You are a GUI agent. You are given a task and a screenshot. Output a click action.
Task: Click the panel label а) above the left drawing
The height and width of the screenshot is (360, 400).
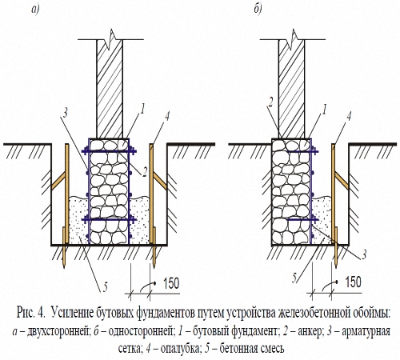pos(35,10)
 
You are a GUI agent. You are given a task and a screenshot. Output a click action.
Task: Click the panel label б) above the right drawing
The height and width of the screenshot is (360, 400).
pos(258,9)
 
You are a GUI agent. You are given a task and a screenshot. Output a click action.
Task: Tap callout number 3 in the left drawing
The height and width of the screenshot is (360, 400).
pos(65,114)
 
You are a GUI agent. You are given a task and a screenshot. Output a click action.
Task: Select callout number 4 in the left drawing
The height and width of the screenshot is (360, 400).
pos(167,116)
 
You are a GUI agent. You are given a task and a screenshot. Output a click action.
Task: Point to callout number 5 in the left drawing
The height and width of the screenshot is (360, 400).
pos(106,287)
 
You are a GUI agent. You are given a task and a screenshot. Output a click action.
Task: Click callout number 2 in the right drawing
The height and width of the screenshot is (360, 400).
pos(270,102)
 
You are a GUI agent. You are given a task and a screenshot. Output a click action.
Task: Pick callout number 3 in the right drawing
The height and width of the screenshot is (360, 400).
pos(364,254)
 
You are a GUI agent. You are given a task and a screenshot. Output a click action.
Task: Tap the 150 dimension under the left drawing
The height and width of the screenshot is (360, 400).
pos(171,283)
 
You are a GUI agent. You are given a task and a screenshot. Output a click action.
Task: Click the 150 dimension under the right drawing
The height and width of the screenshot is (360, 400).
pos(353,282)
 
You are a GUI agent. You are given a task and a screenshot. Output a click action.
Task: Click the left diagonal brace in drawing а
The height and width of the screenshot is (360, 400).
pos(58,181)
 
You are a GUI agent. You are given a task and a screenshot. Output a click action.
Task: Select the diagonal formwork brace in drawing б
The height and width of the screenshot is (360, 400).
pos(342,181)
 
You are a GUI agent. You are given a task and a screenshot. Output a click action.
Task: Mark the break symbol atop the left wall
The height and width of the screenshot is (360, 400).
pos(110,40)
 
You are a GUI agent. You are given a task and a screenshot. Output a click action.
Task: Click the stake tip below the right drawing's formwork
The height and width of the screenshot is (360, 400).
pos(336,266)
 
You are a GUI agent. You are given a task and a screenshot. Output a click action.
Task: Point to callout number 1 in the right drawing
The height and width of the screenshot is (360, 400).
pos(324,110)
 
